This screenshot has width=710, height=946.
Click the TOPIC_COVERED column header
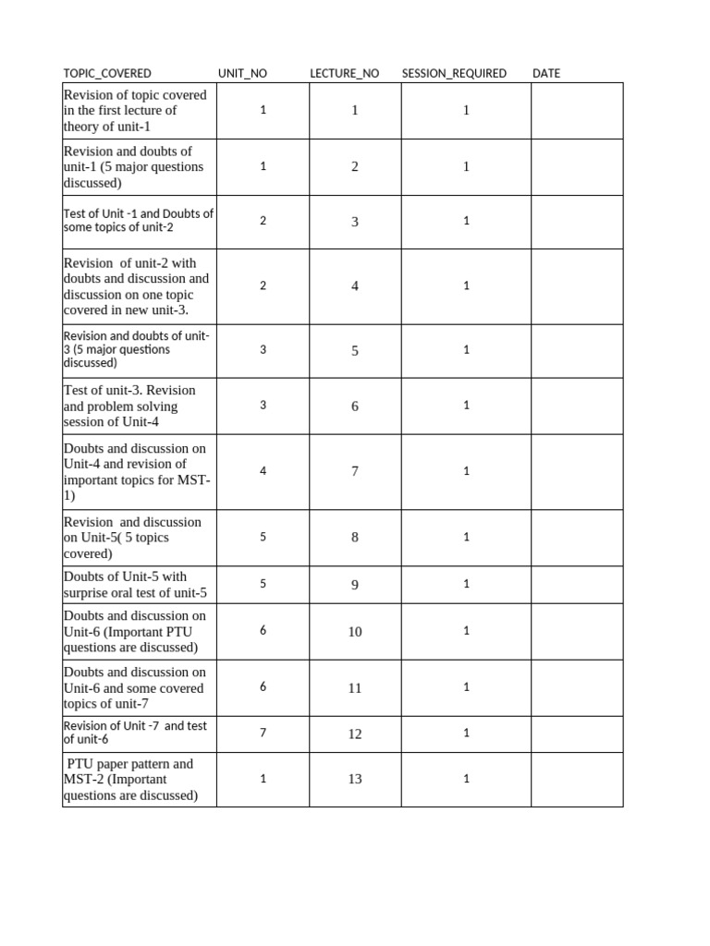click(107, 74)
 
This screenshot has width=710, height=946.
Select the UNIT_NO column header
click(242, 74)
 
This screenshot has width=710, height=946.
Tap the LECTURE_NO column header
click(344, 74)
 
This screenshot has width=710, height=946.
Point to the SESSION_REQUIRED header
click(454, 74)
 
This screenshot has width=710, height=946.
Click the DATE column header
click(546, 74)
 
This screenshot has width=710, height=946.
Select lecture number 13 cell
click(355, 779)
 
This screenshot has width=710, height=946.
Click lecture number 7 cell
click(355, 471)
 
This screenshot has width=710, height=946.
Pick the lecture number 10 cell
click(355, 632)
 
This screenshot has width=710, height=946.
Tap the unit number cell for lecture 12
click(263, 734)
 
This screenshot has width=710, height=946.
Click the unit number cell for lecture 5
click(263, 350)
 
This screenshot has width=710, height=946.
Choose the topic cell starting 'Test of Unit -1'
click(139, 220)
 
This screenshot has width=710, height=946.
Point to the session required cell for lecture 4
click(467, 285)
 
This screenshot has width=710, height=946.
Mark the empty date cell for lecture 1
click(577, 111)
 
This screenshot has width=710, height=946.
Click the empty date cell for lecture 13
click(577, 779)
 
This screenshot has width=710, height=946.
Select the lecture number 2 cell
click(355, 167)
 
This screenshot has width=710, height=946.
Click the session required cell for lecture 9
click(467, 584)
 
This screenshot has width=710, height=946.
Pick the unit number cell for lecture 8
click(263, 537)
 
